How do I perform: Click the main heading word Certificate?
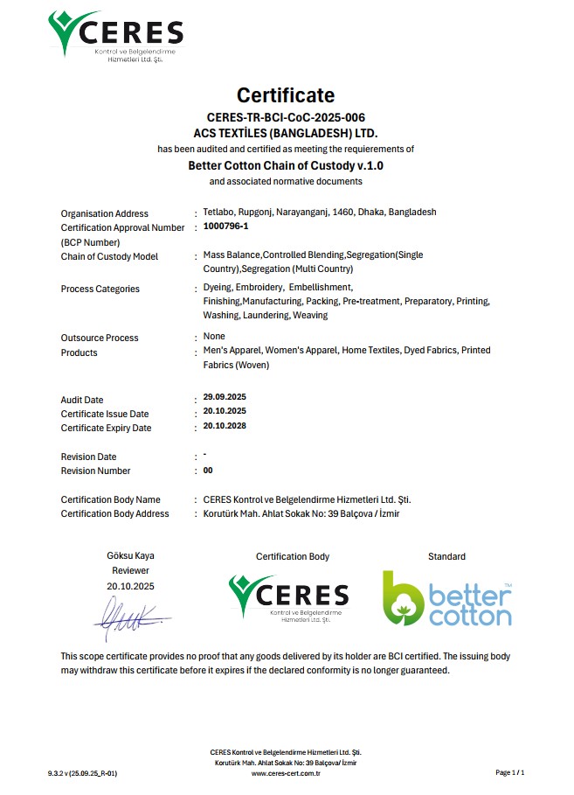click(x=286, y=95)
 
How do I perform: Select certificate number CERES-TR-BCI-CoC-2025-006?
click(x=286, y=117)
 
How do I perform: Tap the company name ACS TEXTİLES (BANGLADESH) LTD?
click(x=286, y=133)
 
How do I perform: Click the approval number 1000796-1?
click(x=226, y=227)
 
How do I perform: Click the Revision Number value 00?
click(x=208, y=470)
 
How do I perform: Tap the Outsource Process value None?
click(x=214, y=336)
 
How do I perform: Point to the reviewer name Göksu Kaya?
click(x=130, y=555)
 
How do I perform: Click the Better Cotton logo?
click(x=446, y=598)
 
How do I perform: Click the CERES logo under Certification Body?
click(x=288, y=597)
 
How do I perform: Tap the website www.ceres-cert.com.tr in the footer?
click(x=286, y=773)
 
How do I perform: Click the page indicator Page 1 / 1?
click(x=510, y=773)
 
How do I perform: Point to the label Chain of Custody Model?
click(x=109, y=256)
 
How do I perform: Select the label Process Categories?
click(x=100, y=289)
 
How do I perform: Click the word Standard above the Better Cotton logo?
click(x=446, y=556)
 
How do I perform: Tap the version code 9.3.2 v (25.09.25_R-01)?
click(x=82, y=773)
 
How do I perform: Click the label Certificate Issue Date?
click(x=104, y=414)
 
